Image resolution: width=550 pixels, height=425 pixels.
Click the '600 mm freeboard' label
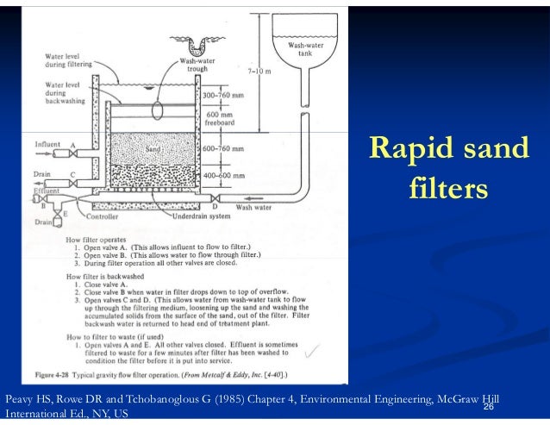[x=242, y=118]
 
